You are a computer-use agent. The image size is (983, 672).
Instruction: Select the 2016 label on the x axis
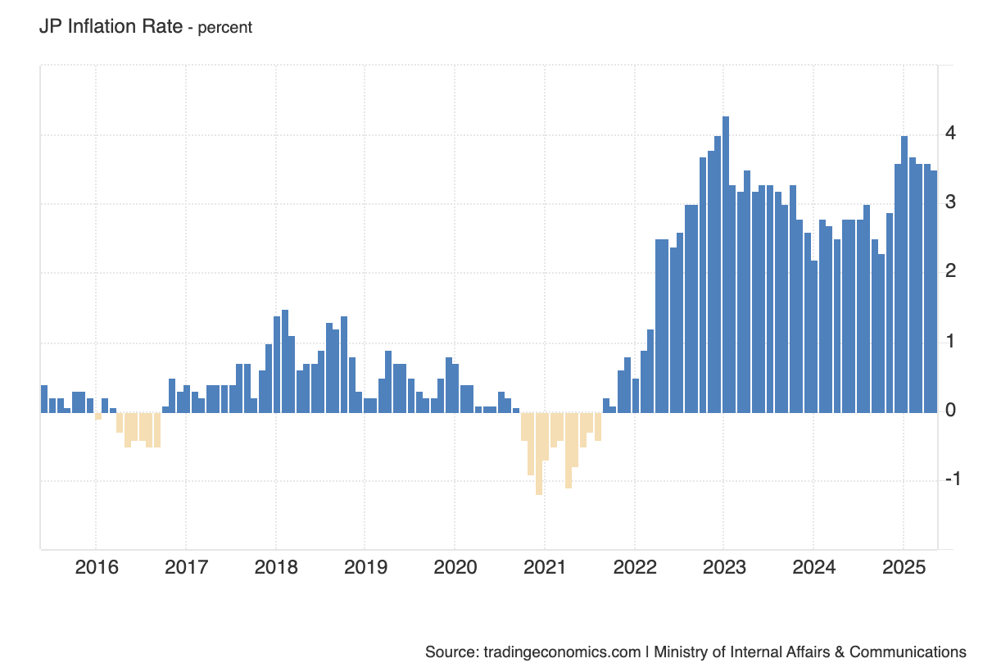(x=97, y=567)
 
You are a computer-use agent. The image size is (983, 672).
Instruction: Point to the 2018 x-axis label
(x=276, y=567)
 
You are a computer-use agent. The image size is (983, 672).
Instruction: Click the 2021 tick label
(x=545, y=567)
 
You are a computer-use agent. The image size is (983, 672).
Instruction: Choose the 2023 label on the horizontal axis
(x=724, y=567)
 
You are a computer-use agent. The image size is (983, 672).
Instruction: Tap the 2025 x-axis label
(x=904, y=567)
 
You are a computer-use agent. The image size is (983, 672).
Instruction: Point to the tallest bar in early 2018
(x=284, y=361)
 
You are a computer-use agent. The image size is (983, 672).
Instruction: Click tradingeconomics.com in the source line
(x=561, y=652)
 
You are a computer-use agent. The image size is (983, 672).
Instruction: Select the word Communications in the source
(x=908, y=652)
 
